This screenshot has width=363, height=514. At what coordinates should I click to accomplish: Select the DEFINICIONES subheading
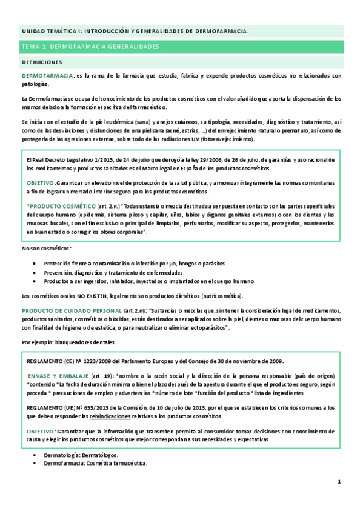42,62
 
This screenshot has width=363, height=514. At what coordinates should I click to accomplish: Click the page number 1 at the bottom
340,481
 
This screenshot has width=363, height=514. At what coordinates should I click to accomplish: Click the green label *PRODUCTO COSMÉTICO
61,207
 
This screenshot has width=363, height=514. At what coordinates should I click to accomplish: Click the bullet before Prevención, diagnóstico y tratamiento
38,272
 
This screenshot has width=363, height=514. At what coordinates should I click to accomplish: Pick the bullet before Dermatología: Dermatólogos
38,455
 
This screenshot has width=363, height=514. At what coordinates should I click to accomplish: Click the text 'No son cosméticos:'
46,249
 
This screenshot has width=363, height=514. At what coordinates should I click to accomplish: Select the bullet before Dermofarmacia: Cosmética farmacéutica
38,462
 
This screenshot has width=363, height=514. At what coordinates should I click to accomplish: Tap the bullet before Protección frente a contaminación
38,264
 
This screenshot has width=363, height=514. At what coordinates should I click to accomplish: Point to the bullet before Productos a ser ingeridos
38,281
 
